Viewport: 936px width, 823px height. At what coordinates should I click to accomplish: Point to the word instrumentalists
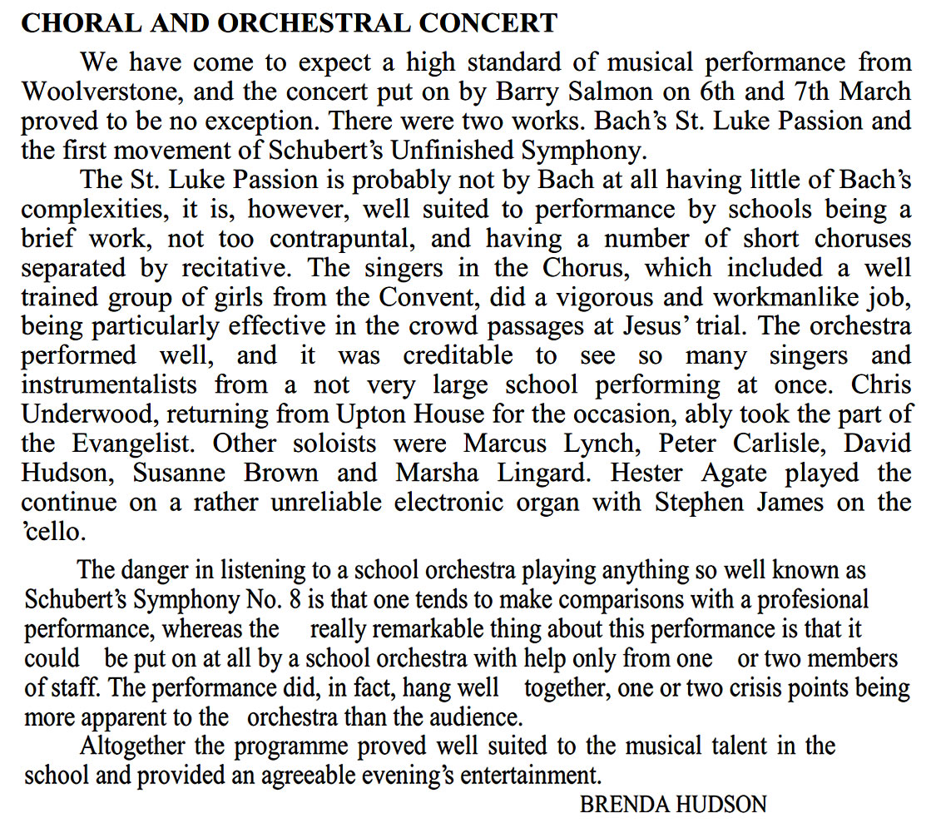tap(110, 385)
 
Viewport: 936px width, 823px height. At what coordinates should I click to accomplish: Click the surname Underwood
tap(92, 415)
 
